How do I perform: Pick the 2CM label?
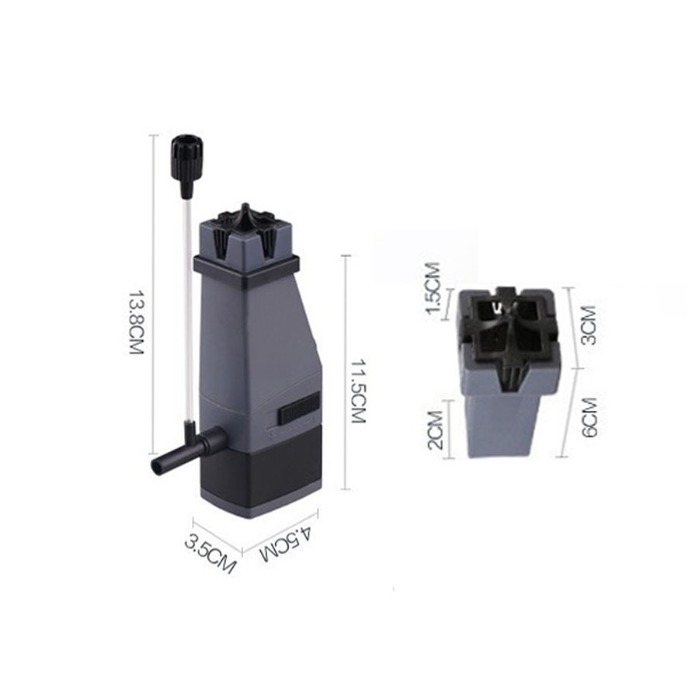coord(435,430)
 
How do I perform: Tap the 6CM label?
coord(589,417)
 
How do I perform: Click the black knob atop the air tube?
coord(187,155)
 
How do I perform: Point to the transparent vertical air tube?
coord(186,311)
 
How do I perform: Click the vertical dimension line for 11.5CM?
coord(346,373)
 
